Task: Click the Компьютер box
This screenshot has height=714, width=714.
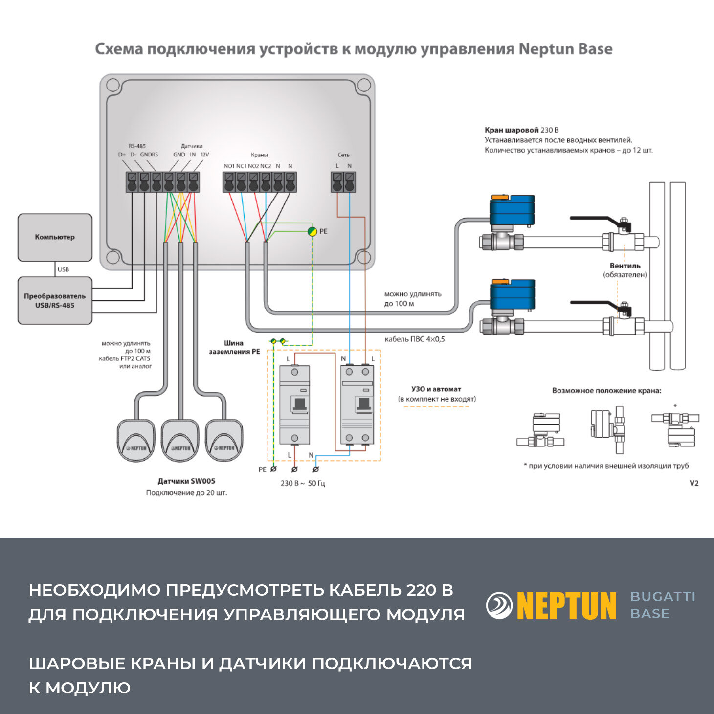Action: click(x=55, y=237)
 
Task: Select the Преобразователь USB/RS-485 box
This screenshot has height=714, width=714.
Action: click(x=55, y=301)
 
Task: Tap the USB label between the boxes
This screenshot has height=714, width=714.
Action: click(x=63, y=269)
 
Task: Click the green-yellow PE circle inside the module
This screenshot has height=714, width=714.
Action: click(x=312, y=231)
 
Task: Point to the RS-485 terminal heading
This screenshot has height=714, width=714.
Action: click(x=137, y=146)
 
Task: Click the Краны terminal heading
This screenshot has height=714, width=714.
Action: click(x=259, y=155)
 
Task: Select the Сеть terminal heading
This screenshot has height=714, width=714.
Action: click(x=343, y=155)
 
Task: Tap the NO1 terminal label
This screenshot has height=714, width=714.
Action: click(x=229, y=166)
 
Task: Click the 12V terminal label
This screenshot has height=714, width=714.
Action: click(x=204, y=155)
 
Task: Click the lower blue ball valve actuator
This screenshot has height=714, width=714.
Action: click(x=512, y=295)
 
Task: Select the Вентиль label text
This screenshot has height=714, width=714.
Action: click(x=625, y=266)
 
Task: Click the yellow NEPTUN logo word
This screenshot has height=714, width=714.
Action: click(x=566, y=606)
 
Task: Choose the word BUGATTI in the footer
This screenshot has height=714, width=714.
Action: click(x=663, y=597)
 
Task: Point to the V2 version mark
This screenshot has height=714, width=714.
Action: click(x=694, y=483)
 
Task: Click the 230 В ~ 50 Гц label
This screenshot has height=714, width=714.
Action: click(x=302, y=483)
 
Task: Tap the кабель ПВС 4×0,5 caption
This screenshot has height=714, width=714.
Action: click(x=415, y=339)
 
